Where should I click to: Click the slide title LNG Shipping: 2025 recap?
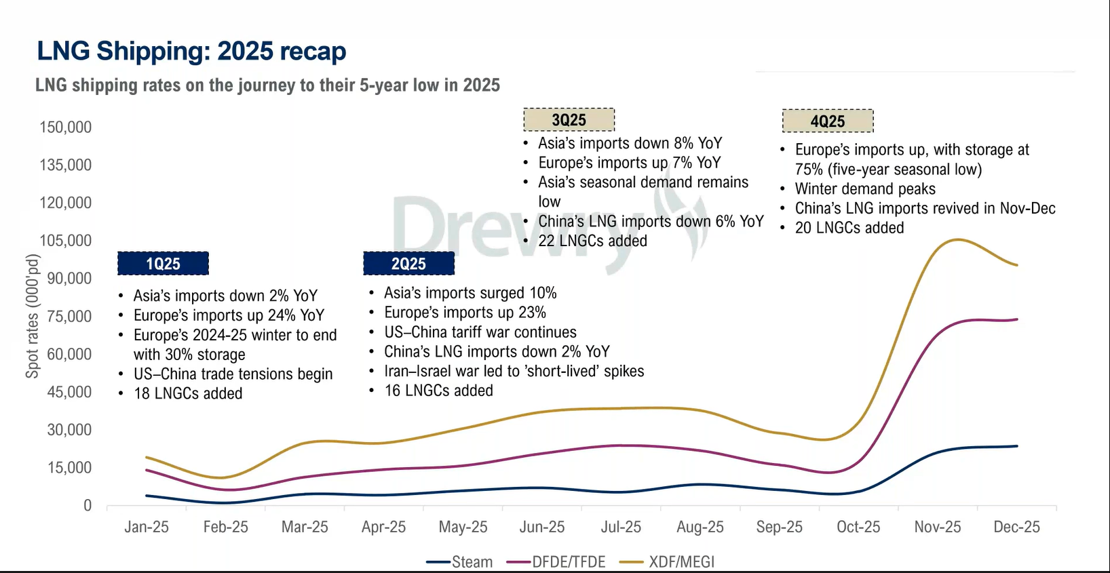[x=191, y=52]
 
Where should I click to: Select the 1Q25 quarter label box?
[x=163, y=264]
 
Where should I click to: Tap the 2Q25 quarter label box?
[x=408, y=264]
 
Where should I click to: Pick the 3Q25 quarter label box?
[x=569, y=120]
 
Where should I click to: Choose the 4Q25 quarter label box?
[x=828, y=121]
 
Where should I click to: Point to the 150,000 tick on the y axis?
[x=65, y=127]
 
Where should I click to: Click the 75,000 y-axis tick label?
[x=69, y=317]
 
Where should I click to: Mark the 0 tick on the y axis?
[x=88, y=506]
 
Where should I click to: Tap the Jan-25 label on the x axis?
[x=147, y=527]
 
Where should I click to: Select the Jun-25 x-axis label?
[x=542, y=527]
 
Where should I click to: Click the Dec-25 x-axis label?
[x=1016, y=527]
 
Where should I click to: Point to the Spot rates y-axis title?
[x=33, y=316]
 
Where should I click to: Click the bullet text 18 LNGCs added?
[x=188, y=393]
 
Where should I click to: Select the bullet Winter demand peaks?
[x=865, y=189]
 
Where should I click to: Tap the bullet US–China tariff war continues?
[x=480, y=332]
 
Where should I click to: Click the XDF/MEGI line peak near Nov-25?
[x=957, y=239]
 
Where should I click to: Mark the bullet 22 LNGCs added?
[x=592, y=241]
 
